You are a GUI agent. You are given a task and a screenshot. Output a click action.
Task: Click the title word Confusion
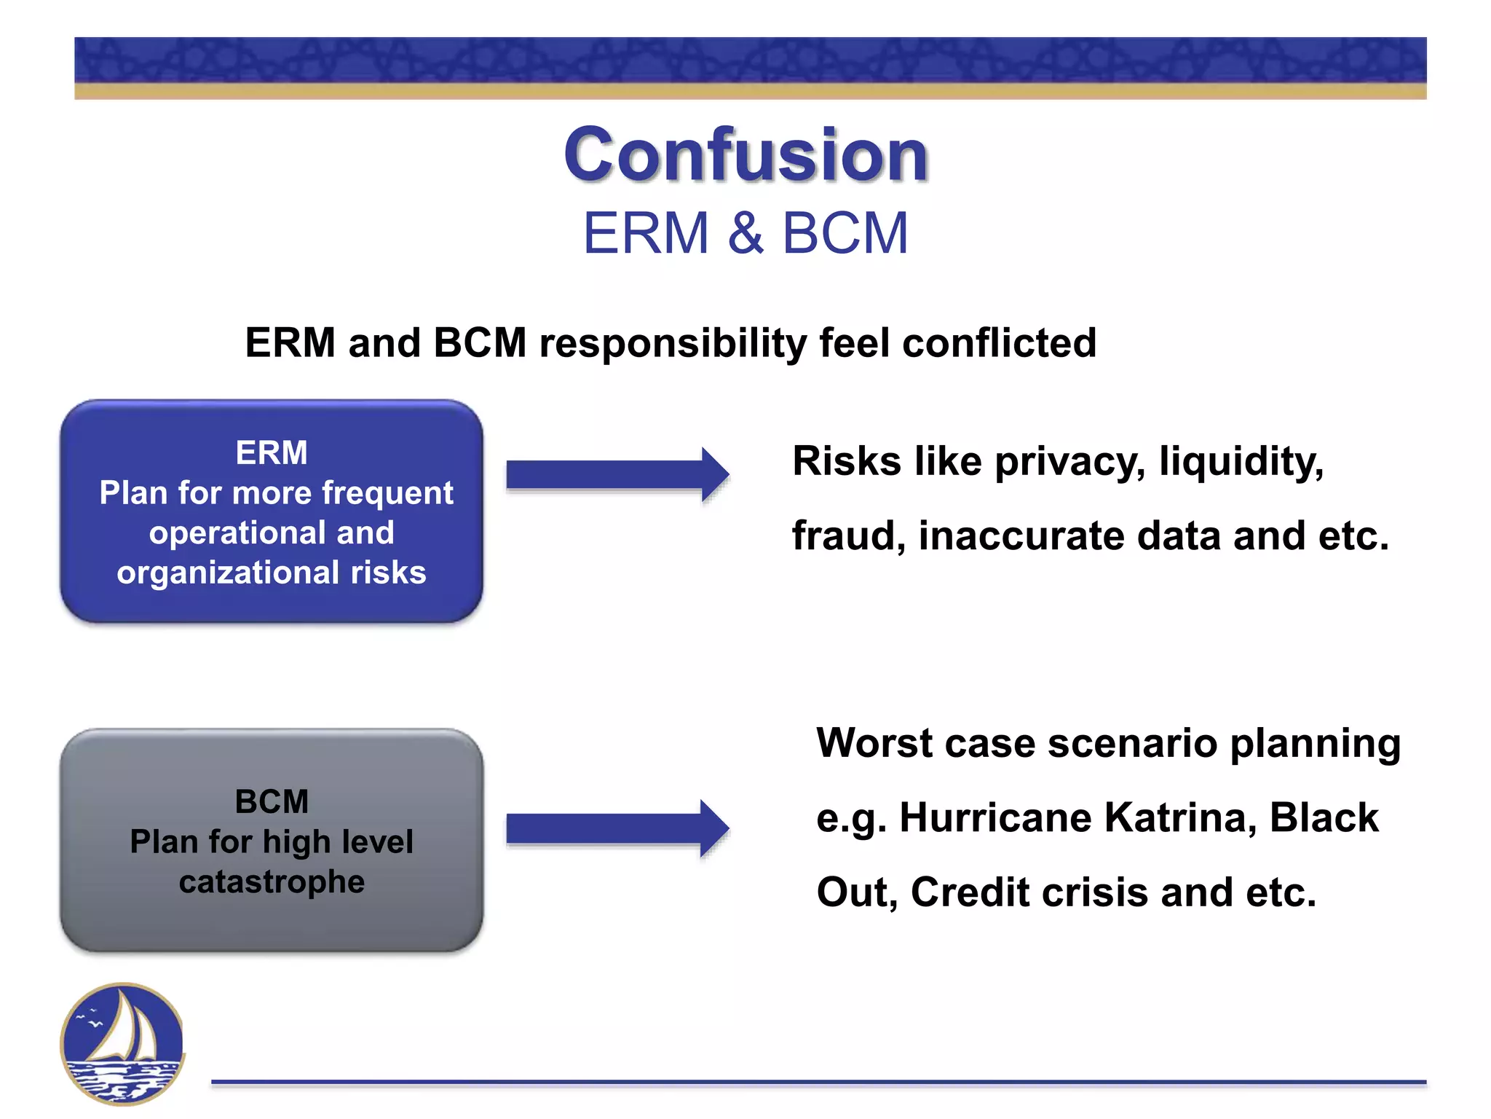pos(745,154)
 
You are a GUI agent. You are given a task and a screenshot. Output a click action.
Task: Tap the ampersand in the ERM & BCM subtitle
pos(745,234)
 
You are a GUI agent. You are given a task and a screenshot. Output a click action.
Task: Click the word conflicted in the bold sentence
pos(999,342)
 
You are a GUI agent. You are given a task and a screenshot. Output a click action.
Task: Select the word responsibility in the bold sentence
pos(673,344)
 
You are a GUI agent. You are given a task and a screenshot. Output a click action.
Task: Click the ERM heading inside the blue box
pos(272,453)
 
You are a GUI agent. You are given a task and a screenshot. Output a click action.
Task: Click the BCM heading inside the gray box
pos(272,802)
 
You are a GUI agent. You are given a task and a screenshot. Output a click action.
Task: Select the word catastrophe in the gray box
pos(272,882)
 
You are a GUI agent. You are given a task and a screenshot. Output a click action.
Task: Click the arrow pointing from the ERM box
pos(617,475)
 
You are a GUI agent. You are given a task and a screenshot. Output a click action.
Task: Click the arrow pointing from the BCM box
pos(617,828)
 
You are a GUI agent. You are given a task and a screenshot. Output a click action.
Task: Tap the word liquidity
pos(1241,462)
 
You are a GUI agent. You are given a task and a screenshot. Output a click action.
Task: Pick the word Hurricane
pos(995,817)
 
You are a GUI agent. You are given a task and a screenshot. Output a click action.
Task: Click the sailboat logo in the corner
pos(122,1043)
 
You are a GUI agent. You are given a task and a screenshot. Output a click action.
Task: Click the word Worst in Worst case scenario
pos(874,743)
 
